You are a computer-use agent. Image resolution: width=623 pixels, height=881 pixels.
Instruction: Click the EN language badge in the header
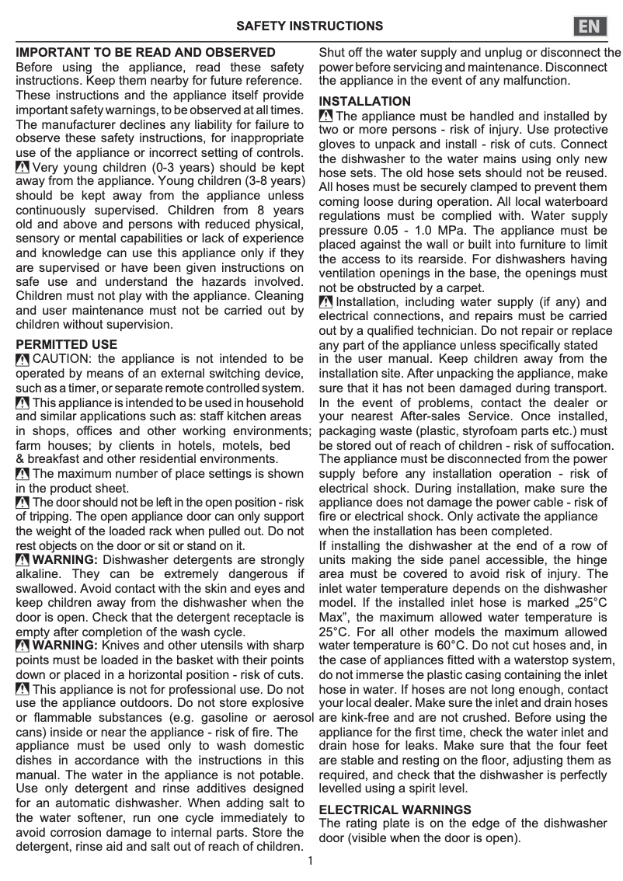[x=592, y=26]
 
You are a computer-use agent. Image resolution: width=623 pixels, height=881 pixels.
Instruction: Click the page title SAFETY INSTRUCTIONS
[x=310, y=26]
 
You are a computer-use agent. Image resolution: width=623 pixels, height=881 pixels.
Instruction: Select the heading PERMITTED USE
[x=67, y=344]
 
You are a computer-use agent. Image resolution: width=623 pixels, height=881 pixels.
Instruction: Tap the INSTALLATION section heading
[x=365, y=102]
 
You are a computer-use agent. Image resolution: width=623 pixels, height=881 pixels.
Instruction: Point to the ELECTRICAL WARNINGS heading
[x=395, y=810]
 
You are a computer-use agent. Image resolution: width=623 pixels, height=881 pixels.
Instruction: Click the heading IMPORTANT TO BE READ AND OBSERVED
[x=146, y=53]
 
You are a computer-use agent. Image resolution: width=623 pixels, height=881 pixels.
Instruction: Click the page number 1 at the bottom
[x=311, y=861]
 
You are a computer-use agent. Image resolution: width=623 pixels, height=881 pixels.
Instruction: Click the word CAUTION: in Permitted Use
[x=64, y=359]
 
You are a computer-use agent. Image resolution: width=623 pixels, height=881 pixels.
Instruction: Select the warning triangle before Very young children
[x=23, y=168]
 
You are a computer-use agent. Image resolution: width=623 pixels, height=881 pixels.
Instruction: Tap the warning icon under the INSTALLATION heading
[x=326, y=117]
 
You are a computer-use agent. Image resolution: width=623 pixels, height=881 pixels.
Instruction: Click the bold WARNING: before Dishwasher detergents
[x=65, y=560]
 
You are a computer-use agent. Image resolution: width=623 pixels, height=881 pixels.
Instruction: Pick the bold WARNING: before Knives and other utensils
[x=65, y=646]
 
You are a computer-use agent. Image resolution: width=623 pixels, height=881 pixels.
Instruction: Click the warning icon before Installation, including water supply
[x=326, y=302]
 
